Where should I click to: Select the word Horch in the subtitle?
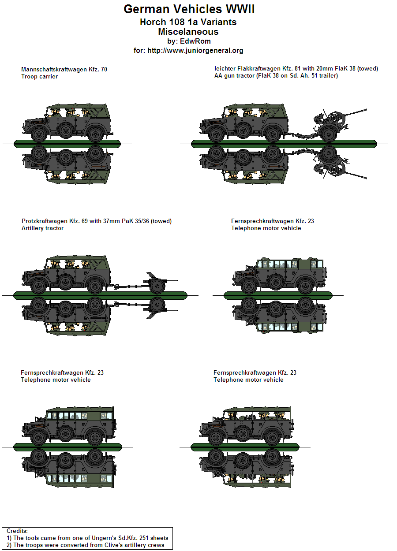tap(153, 22)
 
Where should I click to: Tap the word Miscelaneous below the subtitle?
tap(188, 32)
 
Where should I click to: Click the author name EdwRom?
tap(195, 41)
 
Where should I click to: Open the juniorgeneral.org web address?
tap(203, 51)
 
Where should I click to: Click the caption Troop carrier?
tap(39, 77)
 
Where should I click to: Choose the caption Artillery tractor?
tap(42, 228)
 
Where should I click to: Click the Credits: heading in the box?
tap(17, 531)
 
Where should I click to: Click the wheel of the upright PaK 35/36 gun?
tap(156, 287)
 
